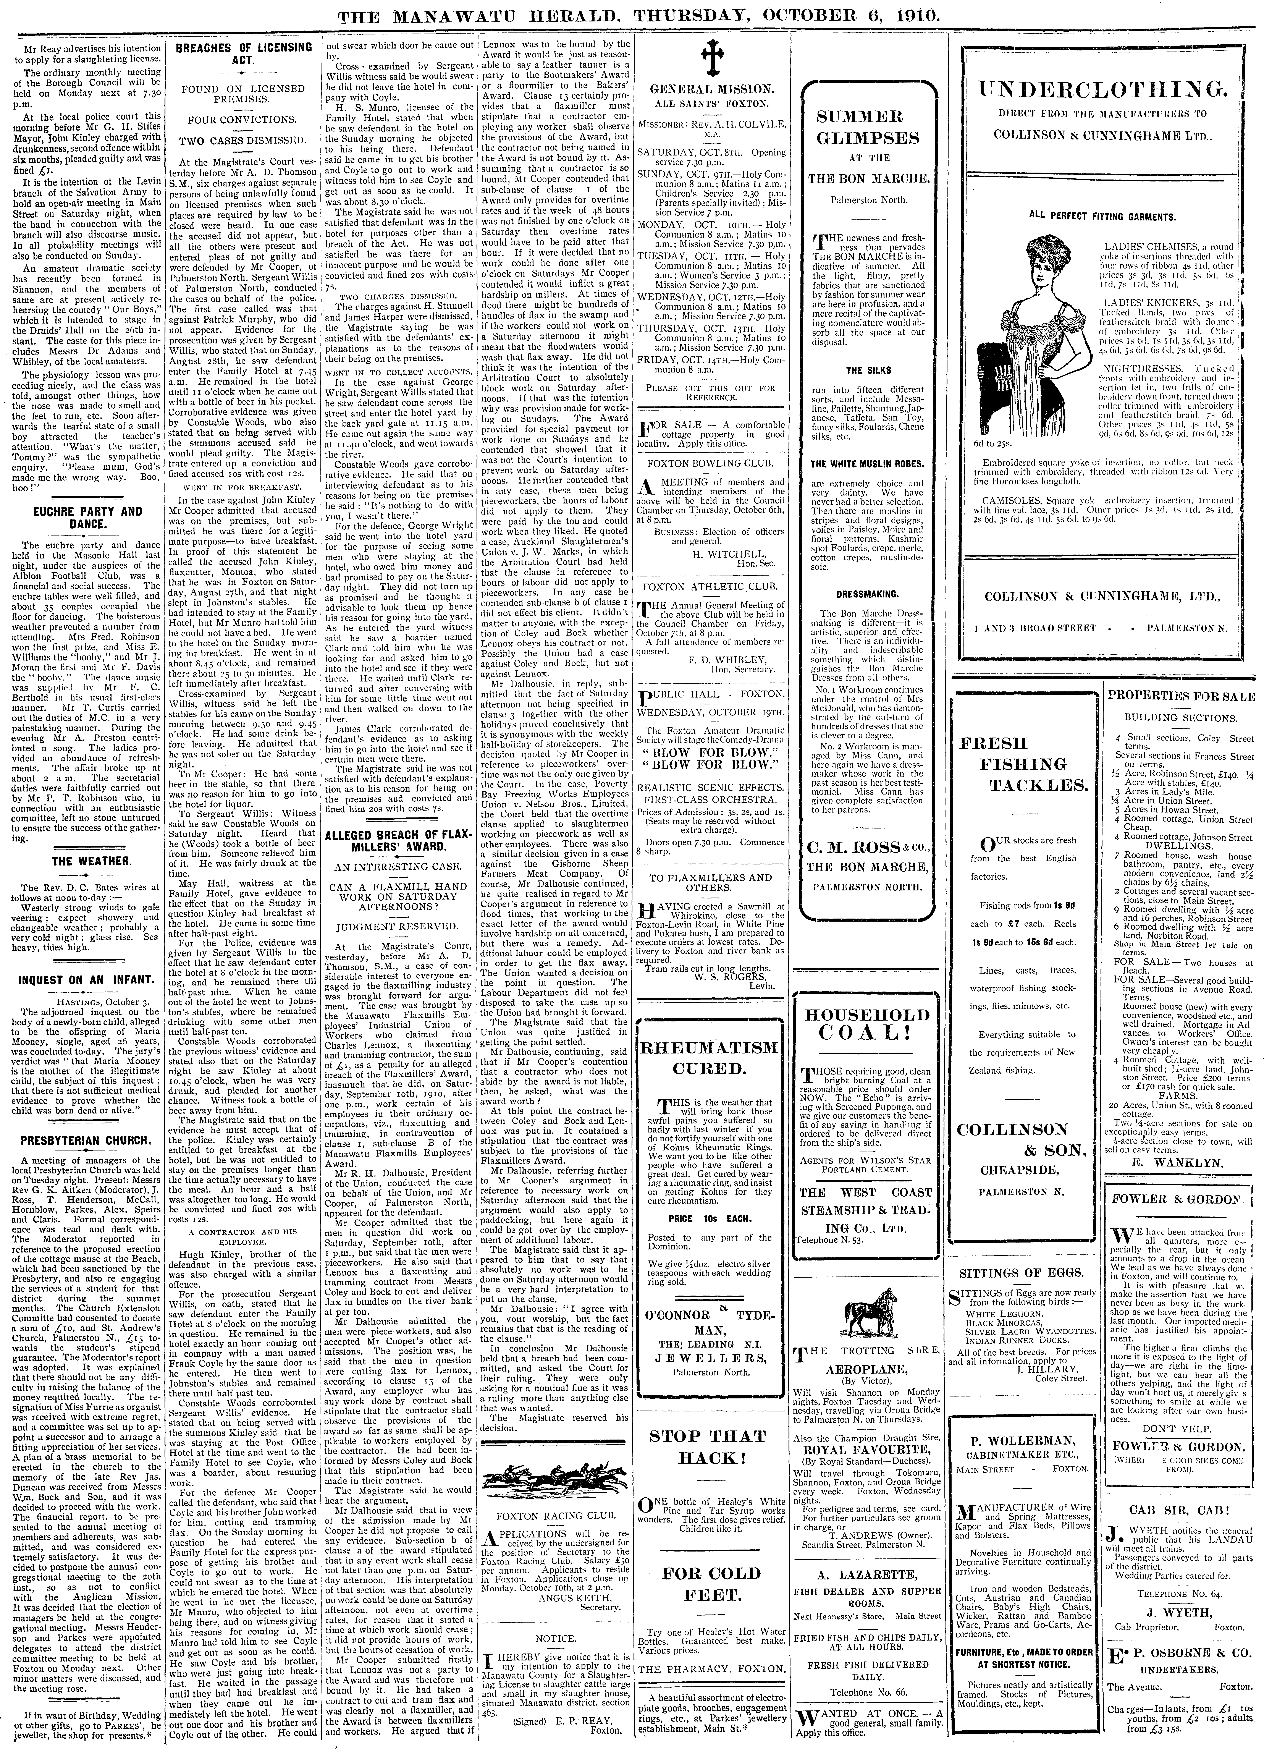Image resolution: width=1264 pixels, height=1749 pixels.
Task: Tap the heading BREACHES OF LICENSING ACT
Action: click(x=243, y=54)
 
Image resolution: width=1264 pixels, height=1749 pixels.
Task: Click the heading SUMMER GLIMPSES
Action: click(x=862, y=127)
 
